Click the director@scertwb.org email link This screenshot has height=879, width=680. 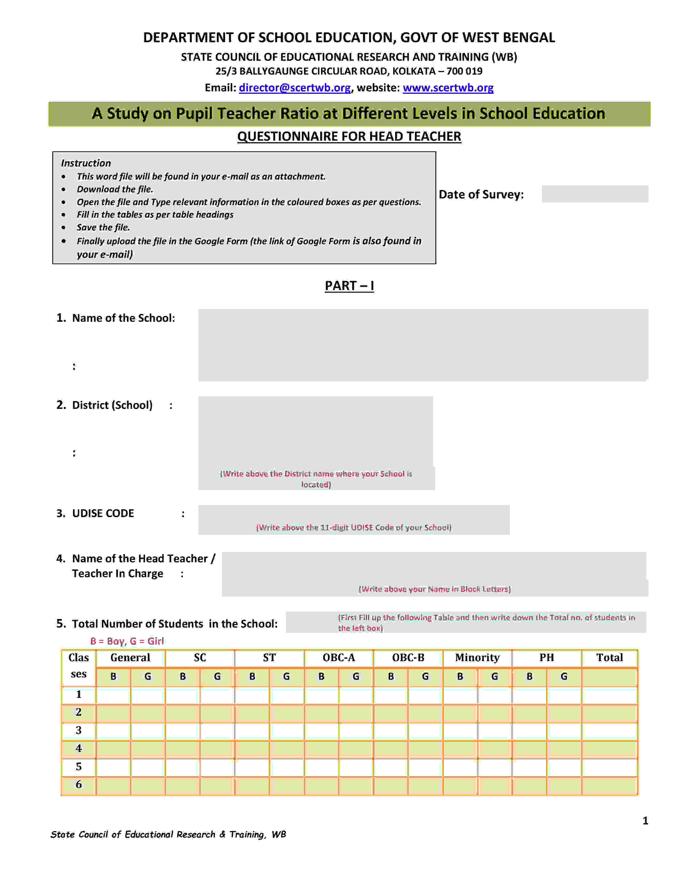click(x=294, y=88)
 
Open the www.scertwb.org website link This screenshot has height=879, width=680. click(x=448, y=88)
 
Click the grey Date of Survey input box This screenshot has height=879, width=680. click(x=595, y=194)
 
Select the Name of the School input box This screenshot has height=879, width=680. click(x=423, y=345)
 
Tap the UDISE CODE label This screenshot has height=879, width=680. click(x=103, y=513)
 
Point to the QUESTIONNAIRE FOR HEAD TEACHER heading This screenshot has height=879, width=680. click(x=349, y=136)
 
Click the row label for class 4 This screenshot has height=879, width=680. click(x=79, y=748)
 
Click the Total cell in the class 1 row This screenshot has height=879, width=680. click(x=610, y=695)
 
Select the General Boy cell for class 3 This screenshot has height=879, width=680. click(x=113, y=730)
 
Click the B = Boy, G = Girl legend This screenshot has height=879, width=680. click(x=127, y=641)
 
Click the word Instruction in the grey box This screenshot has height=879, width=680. click(x=86, y=163)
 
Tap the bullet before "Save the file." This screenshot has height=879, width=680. click(x=64, y=228)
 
